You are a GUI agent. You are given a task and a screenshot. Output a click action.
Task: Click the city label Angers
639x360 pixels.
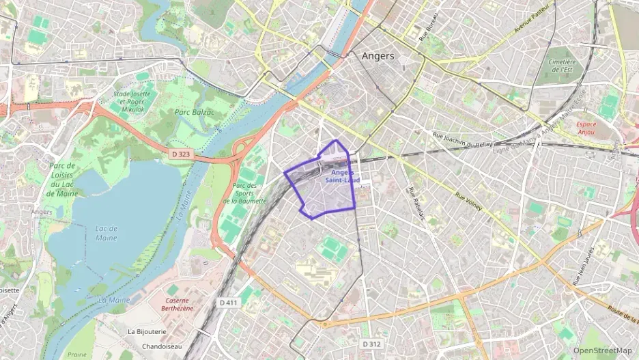tap(378, 56)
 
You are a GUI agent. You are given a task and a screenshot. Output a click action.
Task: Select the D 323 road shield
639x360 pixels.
tap(181, 154)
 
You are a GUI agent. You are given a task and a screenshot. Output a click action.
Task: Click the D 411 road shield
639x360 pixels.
tap(229, 302)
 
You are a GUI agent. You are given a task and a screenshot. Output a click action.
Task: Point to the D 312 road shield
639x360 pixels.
tap(371, 343)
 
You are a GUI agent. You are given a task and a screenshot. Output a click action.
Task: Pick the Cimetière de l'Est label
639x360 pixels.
tap(562, 66)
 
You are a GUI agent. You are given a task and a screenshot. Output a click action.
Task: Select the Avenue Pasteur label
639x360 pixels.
tap(513, 30)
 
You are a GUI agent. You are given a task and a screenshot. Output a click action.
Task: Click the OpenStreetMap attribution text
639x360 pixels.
tap(602, 350)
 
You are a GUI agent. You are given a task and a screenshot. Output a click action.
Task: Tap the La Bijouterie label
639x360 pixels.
tap(147, 331)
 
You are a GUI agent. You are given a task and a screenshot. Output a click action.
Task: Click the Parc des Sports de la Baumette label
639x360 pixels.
tap(244, 193)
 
